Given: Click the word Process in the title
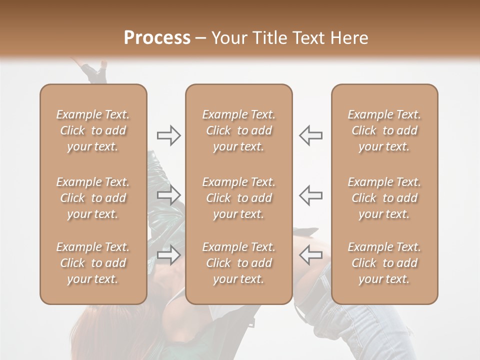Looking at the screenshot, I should coord(157,37).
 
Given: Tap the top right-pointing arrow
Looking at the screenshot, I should coord(168,135).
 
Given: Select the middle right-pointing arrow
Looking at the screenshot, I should coord(168,195).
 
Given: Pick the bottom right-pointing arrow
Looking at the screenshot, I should coord(168,255).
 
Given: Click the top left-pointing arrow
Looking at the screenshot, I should coord(311,135).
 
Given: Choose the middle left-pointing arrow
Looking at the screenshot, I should coord(311,195).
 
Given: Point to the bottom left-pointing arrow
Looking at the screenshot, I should coord(311,255).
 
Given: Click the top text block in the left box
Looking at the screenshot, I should coord(93,130).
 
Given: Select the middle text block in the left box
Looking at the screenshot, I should coord(93,198).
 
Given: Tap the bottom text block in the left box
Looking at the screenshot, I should coord(93,263).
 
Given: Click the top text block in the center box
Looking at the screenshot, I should coord(238,130).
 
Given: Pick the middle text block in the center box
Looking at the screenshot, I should coord(238,198).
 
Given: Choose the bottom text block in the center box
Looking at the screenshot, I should coord(238,263).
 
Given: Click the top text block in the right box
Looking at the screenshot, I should coord(384,130).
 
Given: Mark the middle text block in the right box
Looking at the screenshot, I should coord(384,198).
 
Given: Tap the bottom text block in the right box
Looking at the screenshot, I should coord(384,263).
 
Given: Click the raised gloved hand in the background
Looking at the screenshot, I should coord(95,72).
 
